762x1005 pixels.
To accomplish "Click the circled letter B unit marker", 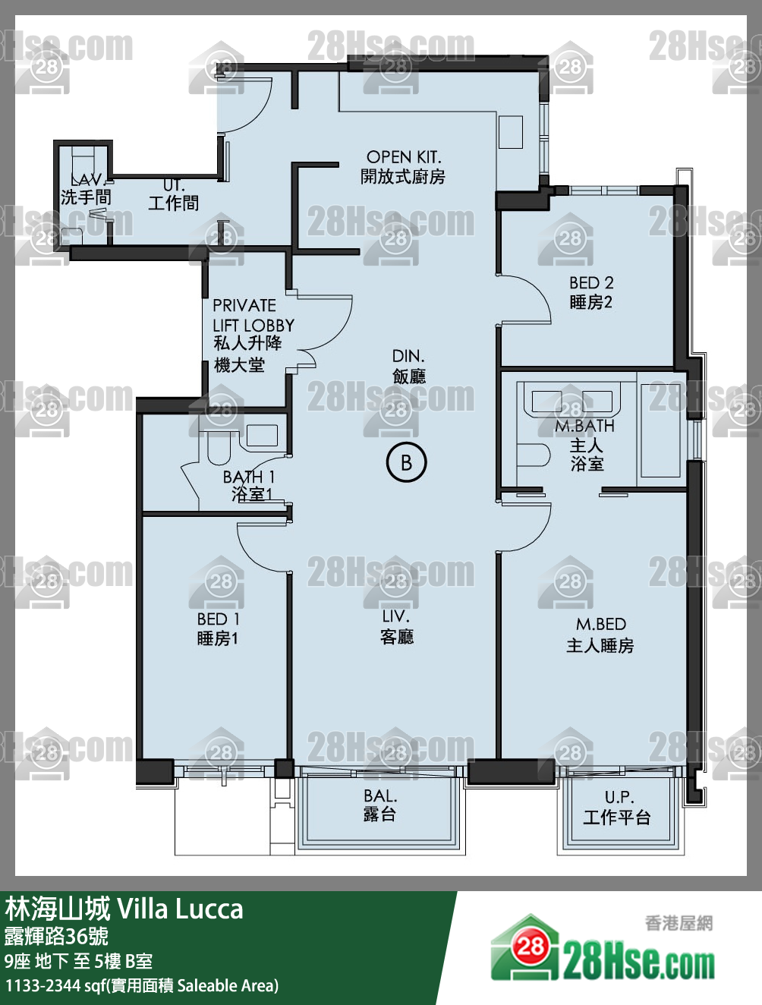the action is [x=406, y=462].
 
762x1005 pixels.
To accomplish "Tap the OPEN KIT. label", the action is [x=404, y=157].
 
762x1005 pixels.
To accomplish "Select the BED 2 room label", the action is [x=591, y=282].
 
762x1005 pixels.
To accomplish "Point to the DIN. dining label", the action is [x=408, y=356].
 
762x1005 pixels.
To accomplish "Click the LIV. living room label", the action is [x=396, y=616].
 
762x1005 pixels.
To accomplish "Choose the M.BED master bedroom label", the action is [x=601, y=624].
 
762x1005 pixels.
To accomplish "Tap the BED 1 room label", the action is [x=219, y=619].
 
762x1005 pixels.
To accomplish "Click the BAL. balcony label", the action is [x=380, y=795].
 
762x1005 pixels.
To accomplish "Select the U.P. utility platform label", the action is [x=619, y=797].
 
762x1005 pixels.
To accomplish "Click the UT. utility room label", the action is [x=175, y=185].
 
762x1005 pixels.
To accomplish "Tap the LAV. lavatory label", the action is [x=88, y=180].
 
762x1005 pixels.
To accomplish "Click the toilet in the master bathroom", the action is [x=534, y=455].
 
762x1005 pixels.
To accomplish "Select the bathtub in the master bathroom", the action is [x=660, y=430].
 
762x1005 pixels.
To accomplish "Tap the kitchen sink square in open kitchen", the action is [x=510, y=132].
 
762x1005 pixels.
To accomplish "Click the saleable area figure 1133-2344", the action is [x=43, y=985].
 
